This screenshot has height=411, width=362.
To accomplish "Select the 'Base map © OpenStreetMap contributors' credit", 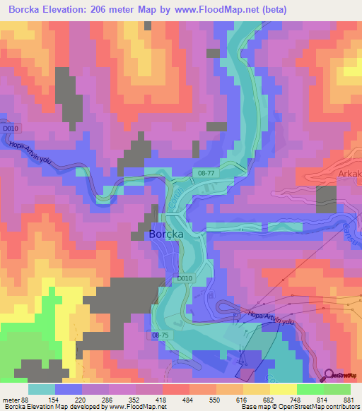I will pyautogui.click(x=298, y=407).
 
